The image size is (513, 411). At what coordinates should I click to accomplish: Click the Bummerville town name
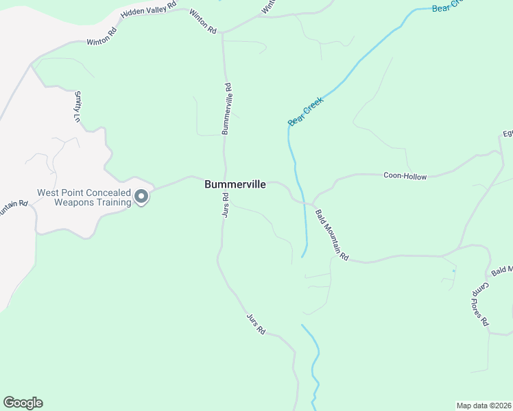pyautogui.click(x=235, y=184)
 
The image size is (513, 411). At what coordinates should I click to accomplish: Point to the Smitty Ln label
pyautogui.click(x=77, y=106)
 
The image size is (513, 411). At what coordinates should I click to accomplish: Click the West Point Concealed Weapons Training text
pyautogui.click(x=84, y=198)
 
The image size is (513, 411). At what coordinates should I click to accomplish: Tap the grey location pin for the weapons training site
pyautogui.click(x=142, y=197)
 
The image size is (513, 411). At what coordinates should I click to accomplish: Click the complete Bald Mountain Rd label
pyautogui.click(x=333, y=236)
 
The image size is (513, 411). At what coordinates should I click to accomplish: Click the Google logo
pyautogui.click(x=23, y=403)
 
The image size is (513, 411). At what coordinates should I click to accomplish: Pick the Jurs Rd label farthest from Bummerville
pyautogui.click(x=256, y=323)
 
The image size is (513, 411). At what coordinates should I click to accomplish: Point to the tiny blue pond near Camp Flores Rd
pyautogui.click(x=453, y=271)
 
